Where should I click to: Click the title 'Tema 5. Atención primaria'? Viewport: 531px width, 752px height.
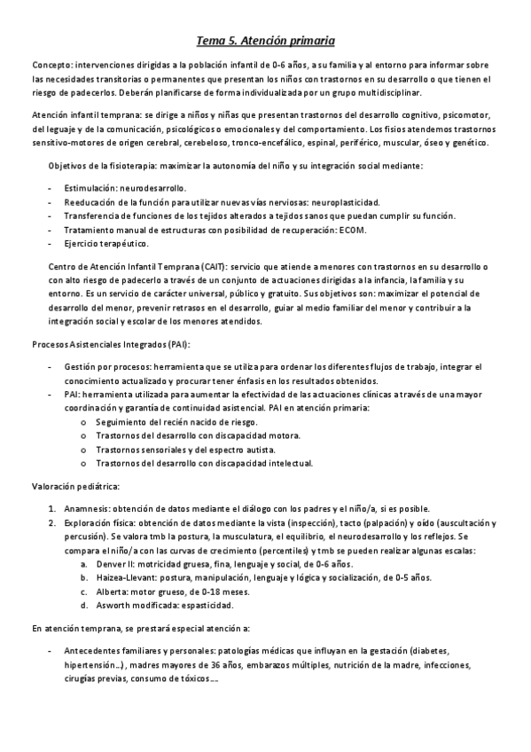tap(265, 40)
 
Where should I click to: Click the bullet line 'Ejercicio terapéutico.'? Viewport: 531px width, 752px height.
tap(106, 243)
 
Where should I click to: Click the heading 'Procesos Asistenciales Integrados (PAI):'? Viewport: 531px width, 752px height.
tap(112, 343)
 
